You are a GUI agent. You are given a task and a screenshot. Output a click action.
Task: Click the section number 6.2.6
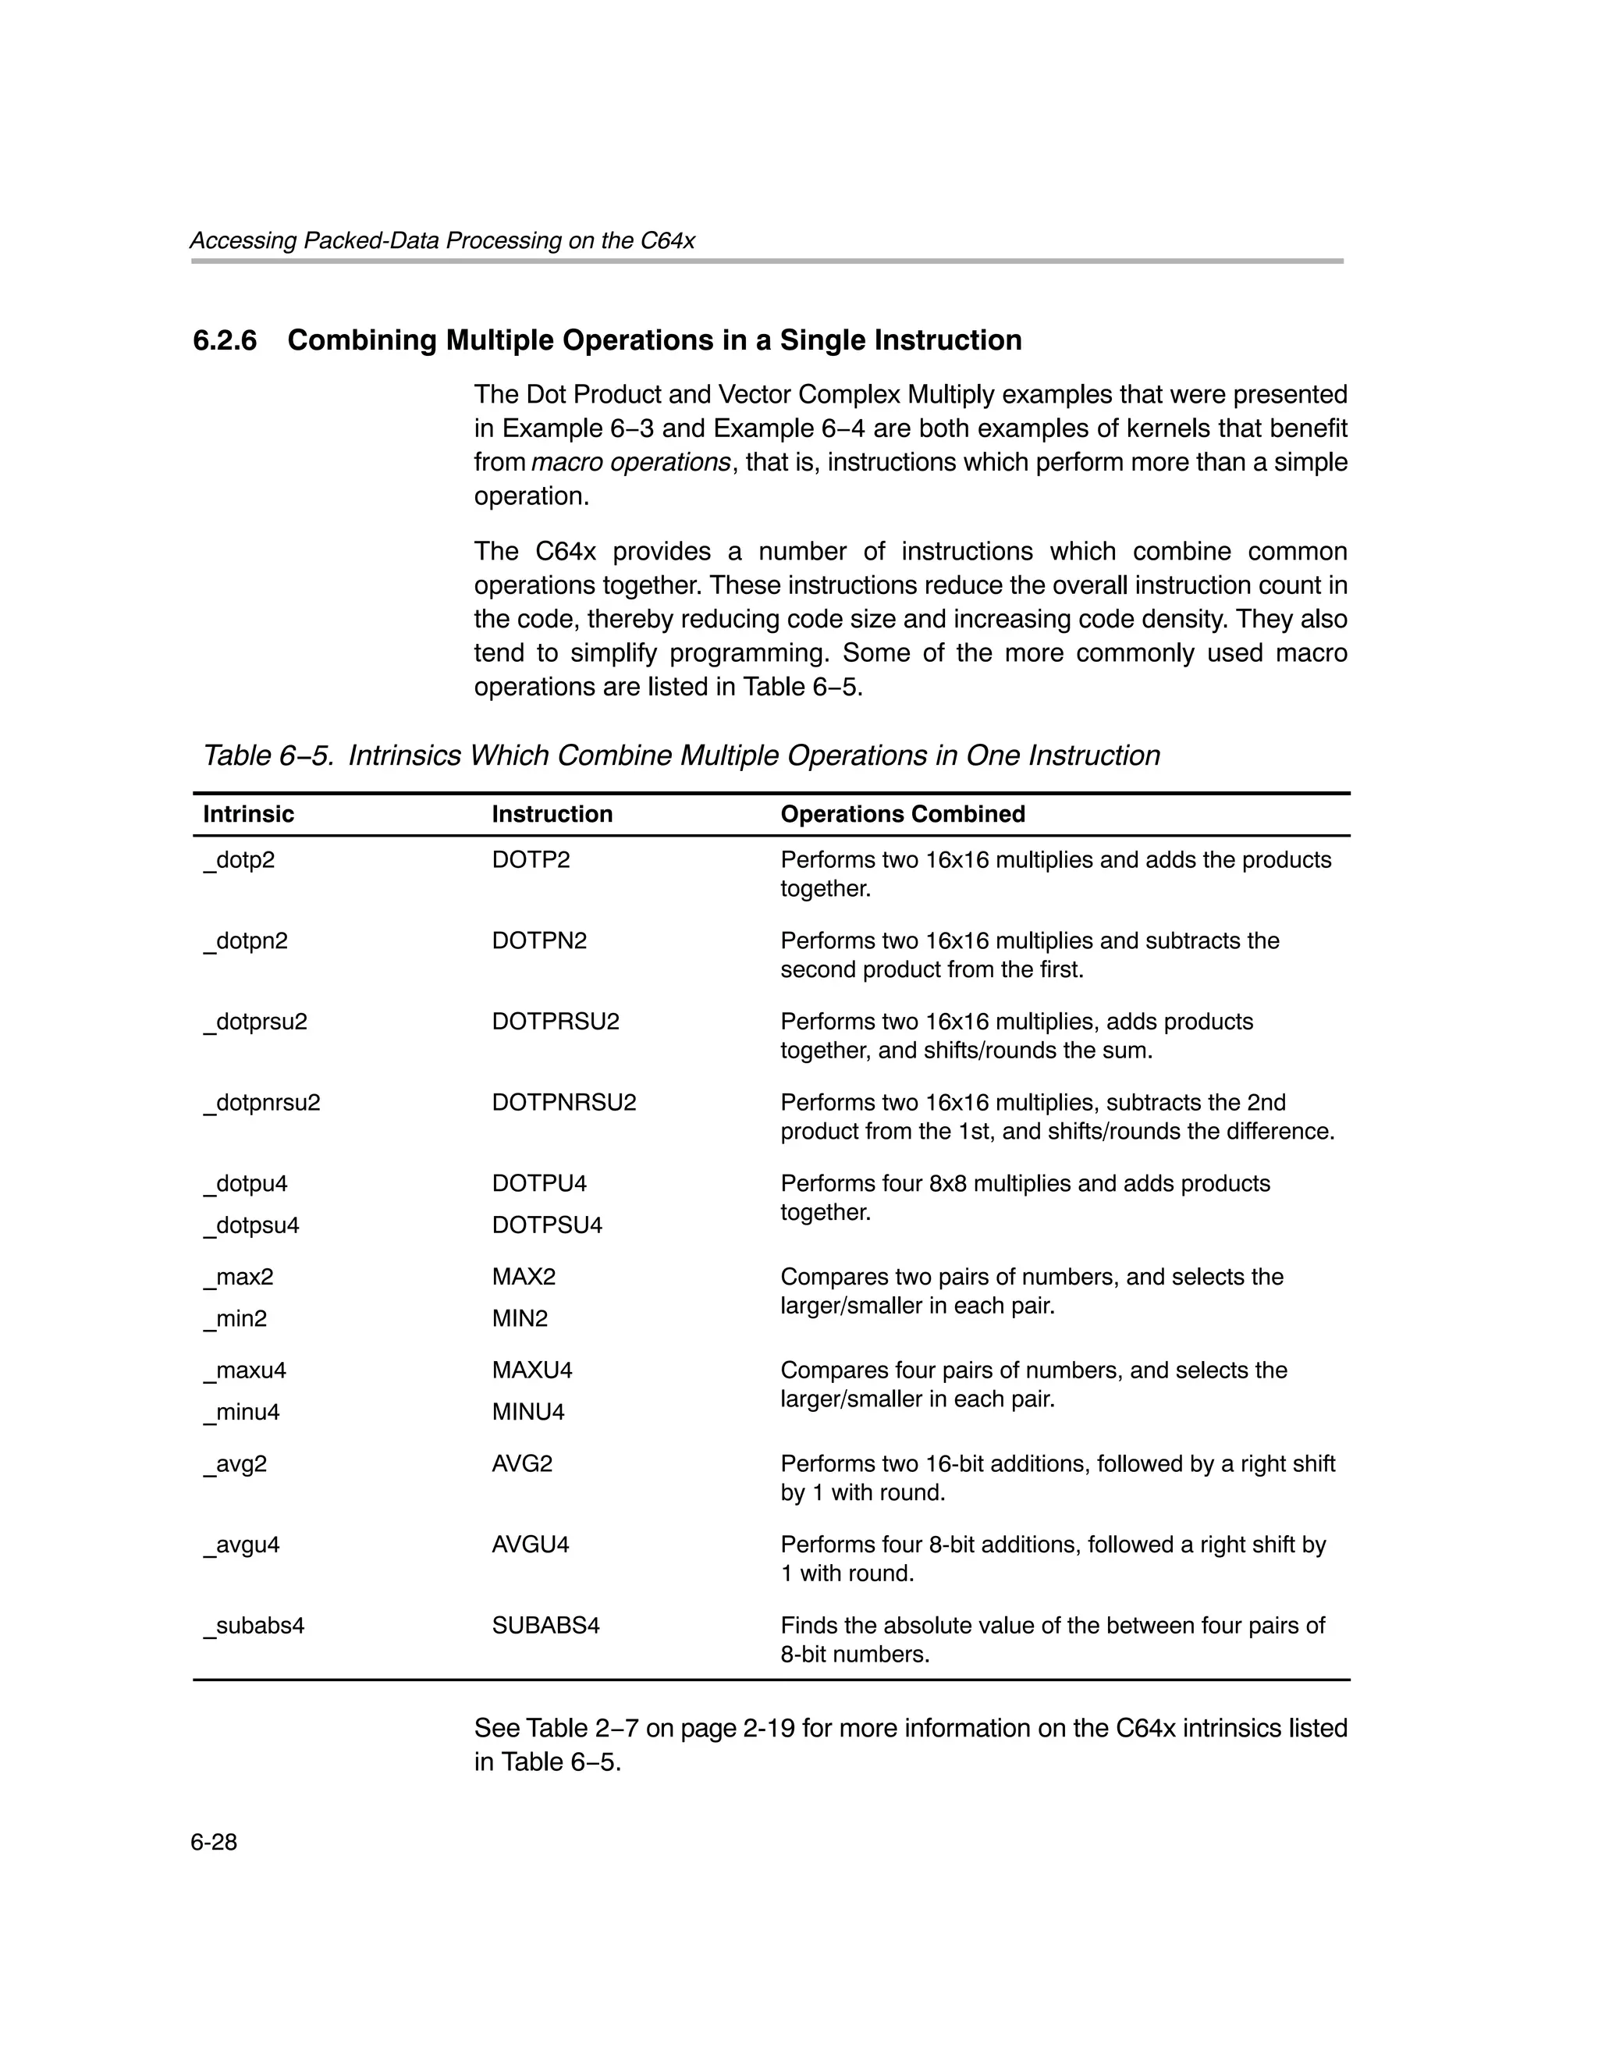(x=225, y=340)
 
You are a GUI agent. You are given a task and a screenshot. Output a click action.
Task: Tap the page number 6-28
(x=213, y=1842)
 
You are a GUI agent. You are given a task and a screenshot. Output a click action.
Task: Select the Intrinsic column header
(x=248, y=814)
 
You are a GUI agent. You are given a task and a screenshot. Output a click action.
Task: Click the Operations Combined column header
(x=902, y=814)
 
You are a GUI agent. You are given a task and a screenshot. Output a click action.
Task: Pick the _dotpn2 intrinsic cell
(x=245, y=940)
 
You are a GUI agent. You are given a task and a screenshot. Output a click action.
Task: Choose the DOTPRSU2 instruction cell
(x=555, y=1022)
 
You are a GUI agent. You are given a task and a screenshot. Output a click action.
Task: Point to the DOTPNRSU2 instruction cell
(x=563, y=1102)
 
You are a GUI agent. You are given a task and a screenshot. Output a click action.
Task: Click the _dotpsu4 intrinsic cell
(x=251, y=1225)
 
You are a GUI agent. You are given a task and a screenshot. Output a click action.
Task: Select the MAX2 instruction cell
(x=524, y=1276)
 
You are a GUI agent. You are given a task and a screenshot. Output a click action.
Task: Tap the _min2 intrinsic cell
(x=235, y=1317)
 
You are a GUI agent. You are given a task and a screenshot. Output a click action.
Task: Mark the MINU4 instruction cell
(x=527, y=1412)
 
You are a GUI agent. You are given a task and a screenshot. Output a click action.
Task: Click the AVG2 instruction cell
(x=522, y=1463)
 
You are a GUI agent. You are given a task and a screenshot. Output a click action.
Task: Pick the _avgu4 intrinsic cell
(x=242, y=1545)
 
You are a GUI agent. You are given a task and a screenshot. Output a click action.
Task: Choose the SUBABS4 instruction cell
(x=545, y=1626)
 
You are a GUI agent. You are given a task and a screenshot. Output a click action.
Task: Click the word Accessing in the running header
(x=243, y=240)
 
